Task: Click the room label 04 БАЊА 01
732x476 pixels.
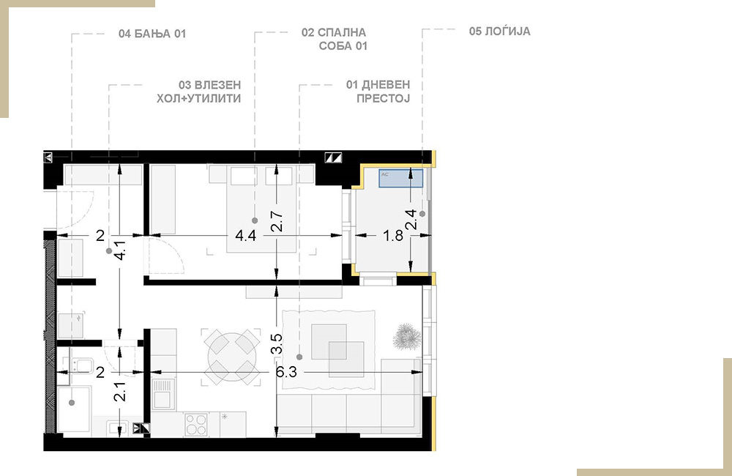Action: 152,34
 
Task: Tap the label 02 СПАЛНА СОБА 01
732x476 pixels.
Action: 335,40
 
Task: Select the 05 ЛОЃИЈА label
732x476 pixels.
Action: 499,31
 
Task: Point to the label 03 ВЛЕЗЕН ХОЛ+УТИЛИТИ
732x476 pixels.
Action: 199,92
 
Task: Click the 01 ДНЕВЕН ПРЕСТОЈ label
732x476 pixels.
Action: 378,92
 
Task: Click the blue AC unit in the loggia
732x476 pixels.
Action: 400,179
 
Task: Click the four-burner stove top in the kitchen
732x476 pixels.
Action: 196,424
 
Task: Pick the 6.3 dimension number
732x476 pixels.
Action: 286,372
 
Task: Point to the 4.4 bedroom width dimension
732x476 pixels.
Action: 245,235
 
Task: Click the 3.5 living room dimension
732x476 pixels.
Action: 277,343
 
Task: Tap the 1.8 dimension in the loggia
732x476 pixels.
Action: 393,235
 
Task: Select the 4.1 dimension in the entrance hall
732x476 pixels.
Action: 121,250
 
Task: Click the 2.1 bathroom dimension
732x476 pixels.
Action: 121,392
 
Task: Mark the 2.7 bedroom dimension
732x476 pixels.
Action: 277,221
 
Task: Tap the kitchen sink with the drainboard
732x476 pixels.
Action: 163,393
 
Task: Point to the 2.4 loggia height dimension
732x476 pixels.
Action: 411,219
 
